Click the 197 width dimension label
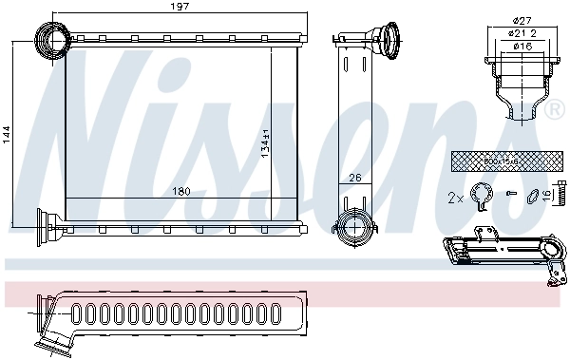point(174,9)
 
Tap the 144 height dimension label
point(8,134)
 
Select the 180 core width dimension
point(180,192)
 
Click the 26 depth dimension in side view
point(355,179)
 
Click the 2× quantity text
point(455,199)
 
